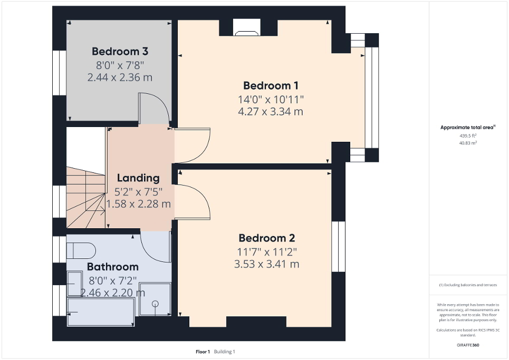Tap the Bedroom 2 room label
tap(266, 238)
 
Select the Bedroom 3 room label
tap(120, 52)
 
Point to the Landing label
tap(138, 178)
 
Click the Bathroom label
tap(113, 267)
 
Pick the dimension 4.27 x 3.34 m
tap(271, 111)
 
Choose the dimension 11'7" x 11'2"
tap(266, 251)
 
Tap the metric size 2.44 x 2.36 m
tap(120, 77)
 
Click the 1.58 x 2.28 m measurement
tap(138, 203)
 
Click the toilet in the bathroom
tap(80, 249)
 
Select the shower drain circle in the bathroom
tap(156, 304)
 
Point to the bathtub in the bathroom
tap(100, 311)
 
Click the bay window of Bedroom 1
tap(372, 98)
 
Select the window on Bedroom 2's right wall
tap(338, 246)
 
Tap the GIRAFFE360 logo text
tap(468, 345)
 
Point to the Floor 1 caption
tap(203, 352)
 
